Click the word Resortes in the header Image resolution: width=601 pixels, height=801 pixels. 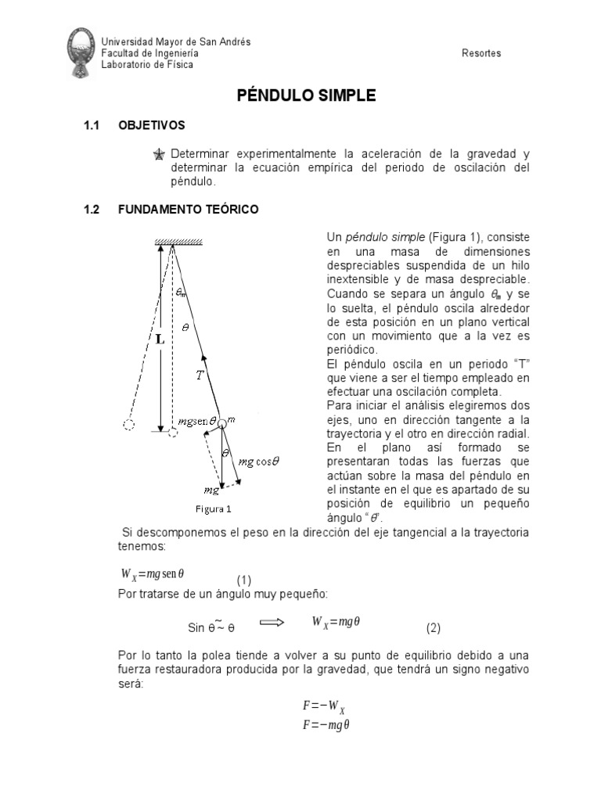click(482, 53)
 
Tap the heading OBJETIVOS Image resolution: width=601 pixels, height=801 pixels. click(151, 125)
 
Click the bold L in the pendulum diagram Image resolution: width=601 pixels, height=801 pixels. click(159, 340)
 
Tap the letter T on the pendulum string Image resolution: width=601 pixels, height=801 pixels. click(200, 375)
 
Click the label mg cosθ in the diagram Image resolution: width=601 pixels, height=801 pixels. click(259, 461)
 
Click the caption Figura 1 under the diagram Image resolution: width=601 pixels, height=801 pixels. click(213, 508)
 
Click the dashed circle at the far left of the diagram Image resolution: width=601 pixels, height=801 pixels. click(129, 426)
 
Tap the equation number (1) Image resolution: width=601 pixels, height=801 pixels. click(245, 580)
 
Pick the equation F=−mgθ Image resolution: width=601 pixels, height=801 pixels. click(326, 725)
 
